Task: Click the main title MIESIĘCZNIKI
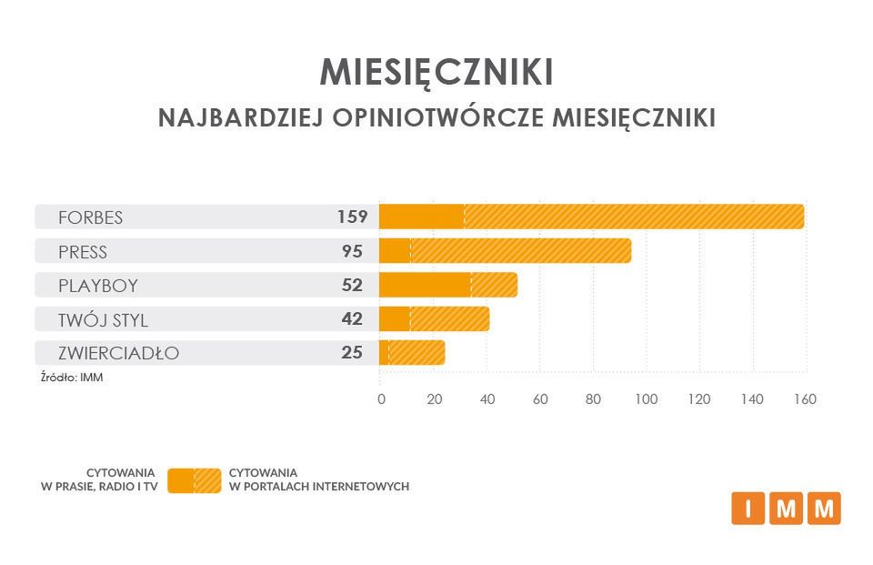436,72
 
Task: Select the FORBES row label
90,217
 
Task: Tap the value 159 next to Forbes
351,217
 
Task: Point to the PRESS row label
82,251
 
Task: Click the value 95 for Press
352,251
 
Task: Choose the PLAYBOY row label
97,285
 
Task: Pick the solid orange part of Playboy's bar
424,285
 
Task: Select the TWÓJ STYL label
102,319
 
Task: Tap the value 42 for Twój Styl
352,318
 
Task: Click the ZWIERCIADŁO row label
118,353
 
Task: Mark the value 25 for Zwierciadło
352,352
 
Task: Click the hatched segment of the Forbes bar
634,217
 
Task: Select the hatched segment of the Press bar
520,251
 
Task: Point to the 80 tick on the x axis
593,399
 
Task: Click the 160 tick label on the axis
805,399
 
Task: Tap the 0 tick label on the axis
381,399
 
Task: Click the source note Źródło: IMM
72,377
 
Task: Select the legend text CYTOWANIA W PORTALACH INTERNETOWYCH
318,479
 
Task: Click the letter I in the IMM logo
748,509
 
